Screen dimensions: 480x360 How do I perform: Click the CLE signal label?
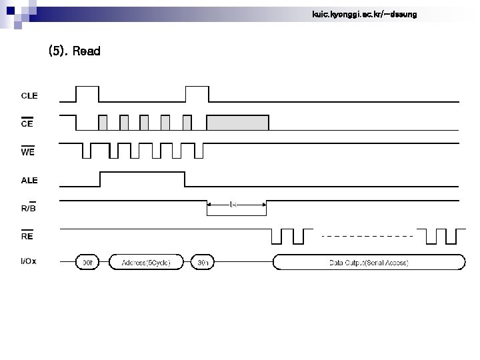click(x=29, y=95)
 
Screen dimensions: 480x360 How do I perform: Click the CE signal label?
click(x=27, y=123)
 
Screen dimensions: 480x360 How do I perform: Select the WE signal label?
click(x=28, y=151)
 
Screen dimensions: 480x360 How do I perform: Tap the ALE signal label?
click(x=29, y=180)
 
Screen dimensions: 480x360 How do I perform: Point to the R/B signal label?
click(x=28, y=207)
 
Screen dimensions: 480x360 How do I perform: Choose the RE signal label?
click(x=27, y=235)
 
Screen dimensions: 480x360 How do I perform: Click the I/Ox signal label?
click(x=29, y=261)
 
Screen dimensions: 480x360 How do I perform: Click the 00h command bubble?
click(x=87, y=263)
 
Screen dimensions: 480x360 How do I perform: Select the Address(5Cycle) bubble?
click(x=147, y=263)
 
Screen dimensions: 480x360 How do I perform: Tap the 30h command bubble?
click(x=203, y=263)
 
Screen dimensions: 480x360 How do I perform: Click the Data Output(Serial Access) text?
click(x=369, y=263)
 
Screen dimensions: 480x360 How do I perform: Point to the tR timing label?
click(x=233, y=205)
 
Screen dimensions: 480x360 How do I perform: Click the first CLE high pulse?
click(x=87, y=94)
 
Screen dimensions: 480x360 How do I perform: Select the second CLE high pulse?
click(x=197, y=94)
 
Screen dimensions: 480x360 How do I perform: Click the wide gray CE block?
click(x=238, y=123)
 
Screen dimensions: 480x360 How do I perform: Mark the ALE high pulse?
click(x=142, y=180)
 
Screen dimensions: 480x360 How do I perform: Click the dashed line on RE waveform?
click(x=367, y=236)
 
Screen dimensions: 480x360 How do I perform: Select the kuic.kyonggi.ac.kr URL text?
click(x=364, y=14)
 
